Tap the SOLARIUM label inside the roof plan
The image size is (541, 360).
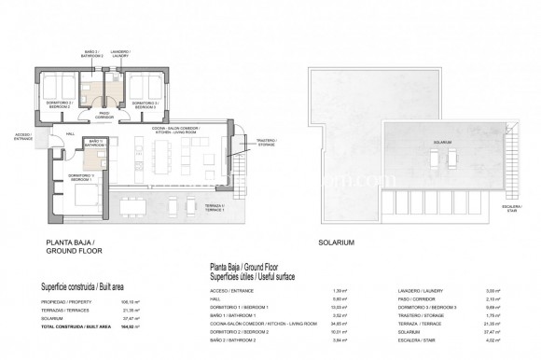click(441, 143)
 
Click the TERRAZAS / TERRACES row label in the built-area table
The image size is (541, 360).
click(62, 310)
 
